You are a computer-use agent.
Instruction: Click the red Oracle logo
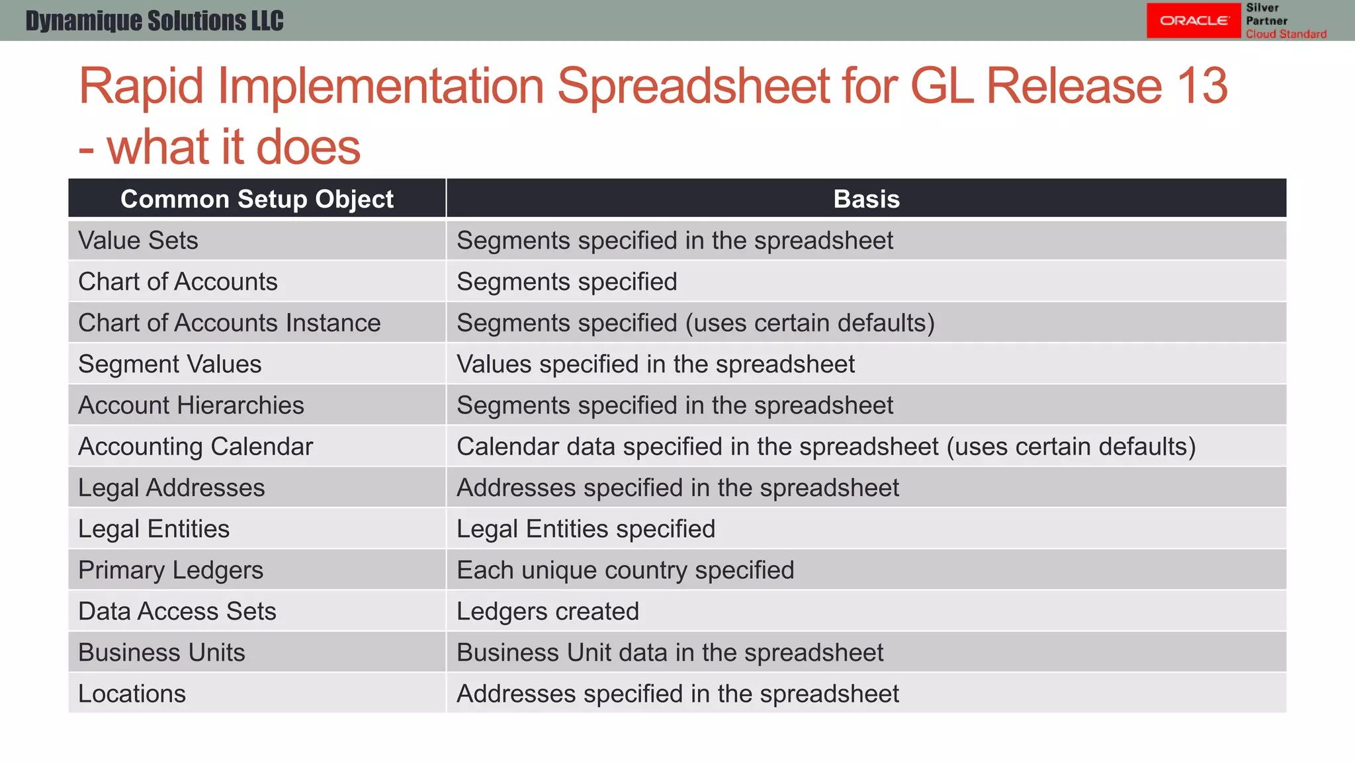[x=1194, y=21]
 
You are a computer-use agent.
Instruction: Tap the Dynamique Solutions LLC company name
[x=154, y=21]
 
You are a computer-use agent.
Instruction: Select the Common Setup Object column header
[x=257, y=199]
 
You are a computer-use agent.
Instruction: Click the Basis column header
[x=866, y=199]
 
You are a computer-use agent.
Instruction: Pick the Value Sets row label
[x=138, y=241]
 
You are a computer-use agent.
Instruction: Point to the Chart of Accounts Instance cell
[x=229, y=323]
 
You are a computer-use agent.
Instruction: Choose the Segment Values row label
[x=170, y=364]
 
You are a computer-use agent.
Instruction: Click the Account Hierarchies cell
[x=191, y=405]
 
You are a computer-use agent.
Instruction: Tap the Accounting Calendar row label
[x=195, y=446]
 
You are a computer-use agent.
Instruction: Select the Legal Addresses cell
[x=171, y=488]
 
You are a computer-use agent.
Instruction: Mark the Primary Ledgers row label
[x=171, y=570]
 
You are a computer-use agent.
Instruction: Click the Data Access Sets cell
[x=177, y=611]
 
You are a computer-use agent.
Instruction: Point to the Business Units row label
[x=161, y=653]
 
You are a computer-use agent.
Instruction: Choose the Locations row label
[x=132, y=694]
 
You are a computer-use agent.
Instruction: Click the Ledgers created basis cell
[x=548, y=611]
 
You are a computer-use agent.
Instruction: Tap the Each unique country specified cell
[x=625, y=570]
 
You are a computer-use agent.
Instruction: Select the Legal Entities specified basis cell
[x=586, y=529]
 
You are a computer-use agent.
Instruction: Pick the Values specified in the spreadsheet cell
[x=655, y=364]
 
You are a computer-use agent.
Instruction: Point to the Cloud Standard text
[x=1286, y=34]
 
